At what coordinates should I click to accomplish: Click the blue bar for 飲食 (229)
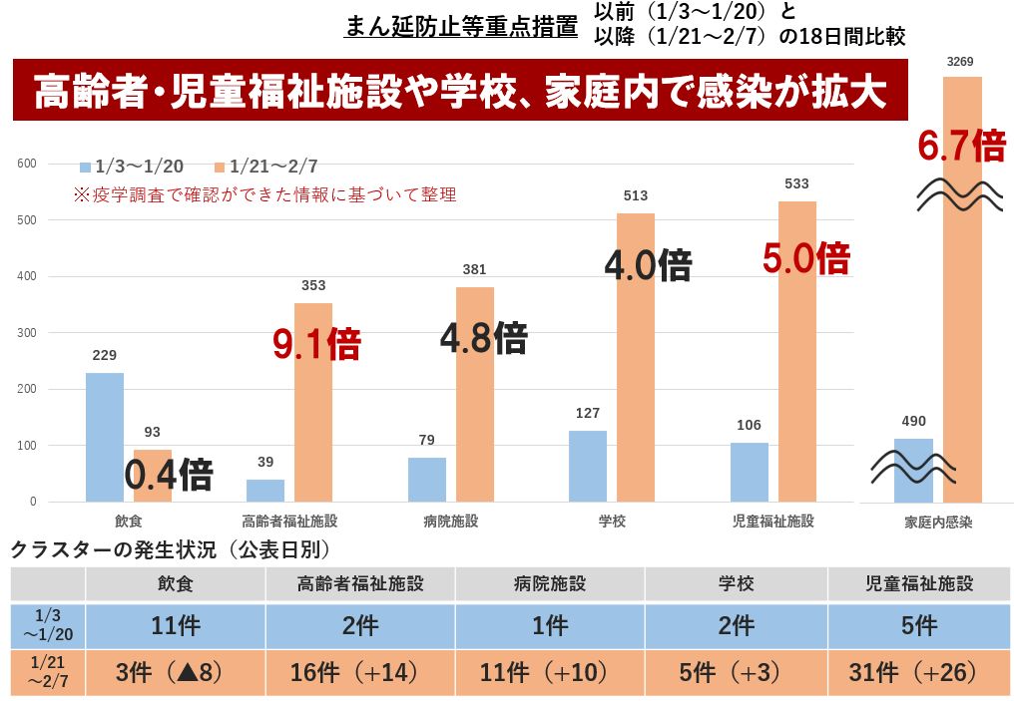105,437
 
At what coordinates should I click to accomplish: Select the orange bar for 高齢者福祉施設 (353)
313,402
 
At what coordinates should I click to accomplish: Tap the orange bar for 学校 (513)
636,357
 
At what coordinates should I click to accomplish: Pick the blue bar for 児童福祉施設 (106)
750,472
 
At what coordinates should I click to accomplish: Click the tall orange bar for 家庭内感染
962,289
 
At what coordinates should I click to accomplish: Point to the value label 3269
960,63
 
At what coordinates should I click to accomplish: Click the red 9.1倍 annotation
316,343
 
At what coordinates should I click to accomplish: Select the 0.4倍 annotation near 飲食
168,475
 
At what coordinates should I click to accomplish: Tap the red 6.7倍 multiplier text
961,147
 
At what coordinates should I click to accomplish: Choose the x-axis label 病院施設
450,521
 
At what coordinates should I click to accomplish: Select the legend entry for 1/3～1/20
132,167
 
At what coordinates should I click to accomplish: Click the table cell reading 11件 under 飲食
175,626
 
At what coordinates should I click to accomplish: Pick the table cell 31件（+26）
918,672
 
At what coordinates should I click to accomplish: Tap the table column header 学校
736,584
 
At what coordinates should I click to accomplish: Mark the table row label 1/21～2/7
47,672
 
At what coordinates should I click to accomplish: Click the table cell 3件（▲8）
175,672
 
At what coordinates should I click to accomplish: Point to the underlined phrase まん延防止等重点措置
460,27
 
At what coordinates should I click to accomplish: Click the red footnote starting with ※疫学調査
264,194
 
